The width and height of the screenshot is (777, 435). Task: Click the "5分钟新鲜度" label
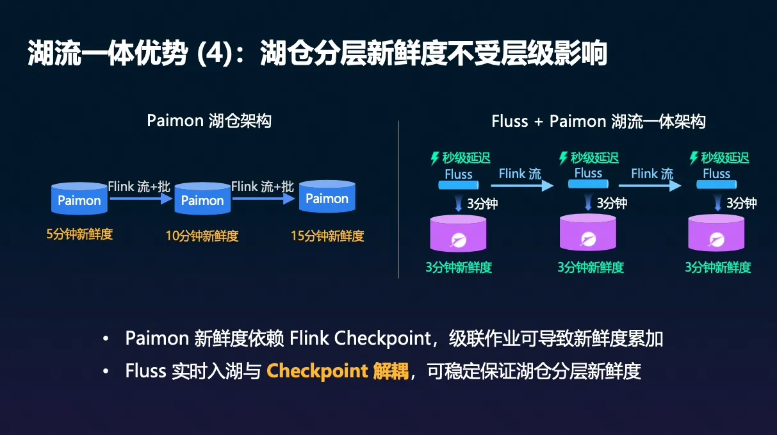coord(79,234)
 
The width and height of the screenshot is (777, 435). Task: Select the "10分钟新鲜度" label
coord(202,236)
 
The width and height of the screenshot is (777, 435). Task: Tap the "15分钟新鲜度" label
coord(327,236)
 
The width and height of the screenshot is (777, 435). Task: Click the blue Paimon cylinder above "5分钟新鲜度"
coord(79,199)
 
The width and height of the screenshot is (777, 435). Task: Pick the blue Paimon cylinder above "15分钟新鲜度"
coord(327,197)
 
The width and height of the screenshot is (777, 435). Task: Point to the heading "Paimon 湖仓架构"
coord(209,121)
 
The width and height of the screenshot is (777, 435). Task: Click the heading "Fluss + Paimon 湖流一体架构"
coord(598,121)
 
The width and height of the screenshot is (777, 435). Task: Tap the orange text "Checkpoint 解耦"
coord(338,371)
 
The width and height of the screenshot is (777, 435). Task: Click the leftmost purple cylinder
coord(458,234)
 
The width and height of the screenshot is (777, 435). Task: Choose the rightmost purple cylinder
coord(716,234)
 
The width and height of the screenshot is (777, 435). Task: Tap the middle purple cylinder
coord(588,234)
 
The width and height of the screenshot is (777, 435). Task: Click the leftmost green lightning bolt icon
coord(436,158)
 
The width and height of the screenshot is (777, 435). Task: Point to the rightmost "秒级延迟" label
coord(724,158)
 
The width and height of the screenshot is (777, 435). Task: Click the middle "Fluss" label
coord(588,173)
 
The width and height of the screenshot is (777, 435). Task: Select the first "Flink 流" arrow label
coord(519,174)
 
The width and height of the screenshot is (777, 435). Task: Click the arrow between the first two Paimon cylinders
coord(141,199)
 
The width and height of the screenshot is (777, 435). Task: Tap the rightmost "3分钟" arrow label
coord(741,204)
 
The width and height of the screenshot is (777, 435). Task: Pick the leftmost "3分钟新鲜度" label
coord(459,268)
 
